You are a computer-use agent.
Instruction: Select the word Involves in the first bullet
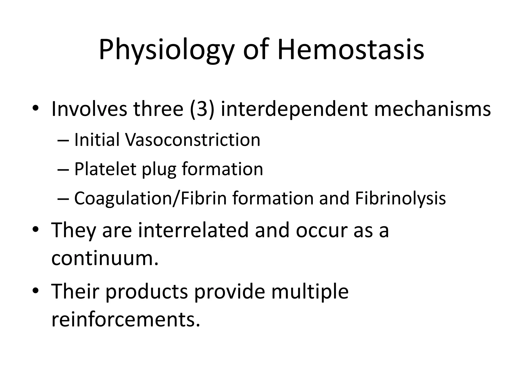click(x=89, y=109)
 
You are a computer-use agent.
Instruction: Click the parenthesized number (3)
click(x=201, y=109)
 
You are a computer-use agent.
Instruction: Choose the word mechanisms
click(x=432, y=109)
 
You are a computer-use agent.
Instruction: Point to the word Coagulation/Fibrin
click(x=150, y=199)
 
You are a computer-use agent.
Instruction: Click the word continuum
click(x=105, y=258)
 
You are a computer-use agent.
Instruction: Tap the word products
click(x=147, y=292)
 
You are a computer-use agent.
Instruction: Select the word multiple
click(x=310, y=292)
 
